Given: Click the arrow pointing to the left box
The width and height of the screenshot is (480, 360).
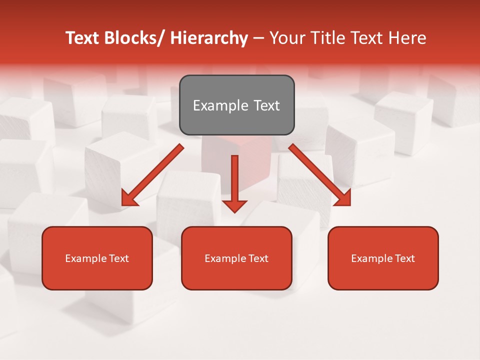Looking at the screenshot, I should pos(152,175).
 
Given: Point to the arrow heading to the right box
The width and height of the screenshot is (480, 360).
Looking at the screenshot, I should pos(320,175).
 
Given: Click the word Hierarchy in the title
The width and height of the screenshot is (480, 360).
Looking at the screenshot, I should pos(209,38).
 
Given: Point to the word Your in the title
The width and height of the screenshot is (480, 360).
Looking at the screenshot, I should pos(286,38).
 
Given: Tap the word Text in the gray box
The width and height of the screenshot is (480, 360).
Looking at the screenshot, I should pos(266,106).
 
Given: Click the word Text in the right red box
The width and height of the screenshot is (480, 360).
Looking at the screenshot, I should pos(405,258).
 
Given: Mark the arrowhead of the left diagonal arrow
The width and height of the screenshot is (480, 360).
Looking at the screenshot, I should pos(129,198).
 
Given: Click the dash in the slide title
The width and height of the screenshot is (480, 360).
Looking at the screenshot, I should pos(258,39).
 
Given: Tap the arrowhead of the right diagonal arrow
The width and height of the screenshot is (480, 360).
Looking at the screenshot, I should pos(343,198).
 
